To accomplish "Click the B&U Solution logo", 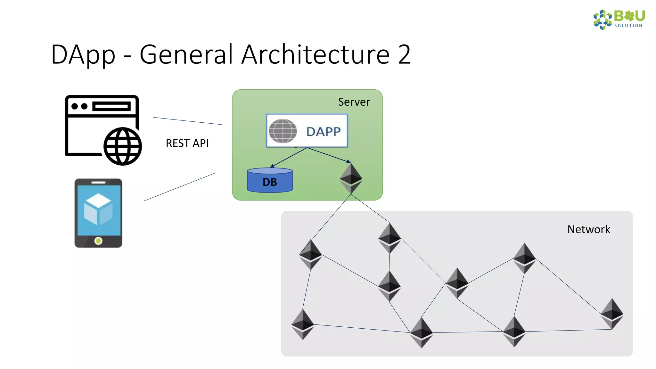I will (x=619, y=20).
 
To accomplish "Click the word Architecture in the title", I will (x=315, y=54).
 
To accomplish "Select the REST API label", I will (x=187, y=143).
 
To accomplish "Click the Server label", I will (x=354, y=102).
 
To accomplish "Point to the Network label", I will (x=588, y=229).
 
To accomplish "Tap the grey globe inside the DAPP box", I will (x=283, y=131).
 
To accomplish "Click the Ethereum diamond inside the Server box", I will (x=351, y=178).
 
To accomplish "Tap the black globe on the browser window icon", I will (x=123, y=146).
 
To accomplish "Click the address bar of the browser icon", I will (x=111, y=106).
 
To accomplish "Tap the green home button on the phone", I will (x=98, y=241).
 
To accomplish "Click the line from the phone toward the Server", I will (x=180, y=187).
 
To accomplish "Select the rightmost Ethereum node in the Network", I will (x=612, y=314).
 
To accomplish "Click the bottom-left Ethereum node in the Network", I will (x=302, y=324).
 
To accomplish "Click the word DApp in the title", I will (x=83, y=54).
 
